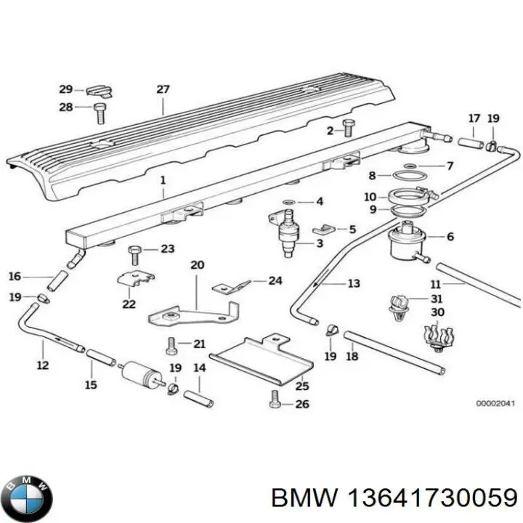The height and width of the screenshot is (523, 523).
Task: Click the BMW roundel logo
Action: [28, 485]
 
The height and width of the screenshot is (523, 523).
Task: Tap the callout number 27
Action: [163, 90]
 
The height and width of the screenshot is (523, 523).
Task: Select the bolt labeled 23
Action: [134, 253]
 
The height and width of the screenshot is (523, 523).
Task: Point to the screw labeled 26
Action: [275, 398]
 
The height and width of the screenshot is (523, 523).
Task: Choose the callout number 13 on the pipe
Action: [353, 283]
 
